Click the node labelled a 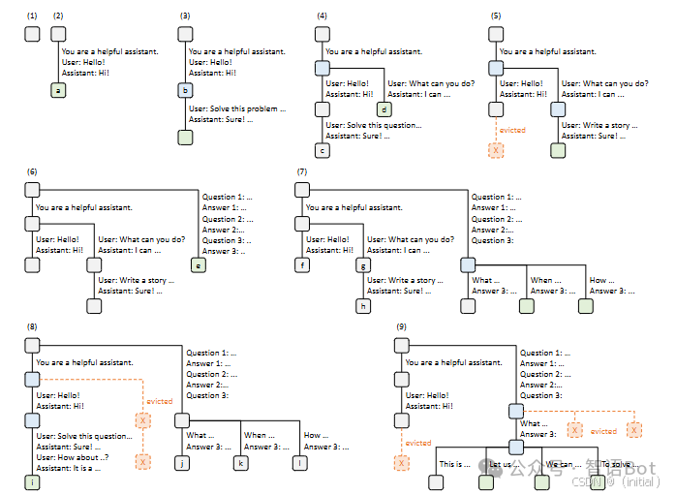tap(58, 91)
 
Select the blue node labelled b tap(185, 91)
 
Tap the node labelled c tap(323, 150)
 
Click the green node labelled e tap(200, 265)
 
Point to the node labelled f tap(303, 264)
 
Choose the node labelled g tap(364, 264)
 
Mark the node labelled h tap(364, 306)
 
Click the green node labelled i tap(32, 482)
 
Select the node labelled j tap(181, 462)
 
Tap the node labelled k tap(241, 462)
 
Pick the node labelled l tap(300, 462)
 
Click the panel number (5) tap(496, 16)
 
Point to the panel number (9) tap(401, 327)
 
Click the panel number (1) tap(32, 16)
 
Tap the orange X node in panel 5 tap(496, 150)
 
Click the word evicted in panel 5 tap(513, 130)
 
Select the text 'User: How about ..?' tap(73, 457)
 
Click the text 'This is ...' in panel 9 tap(454, 464)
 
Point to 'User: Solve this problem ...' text tap(237, 109)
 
